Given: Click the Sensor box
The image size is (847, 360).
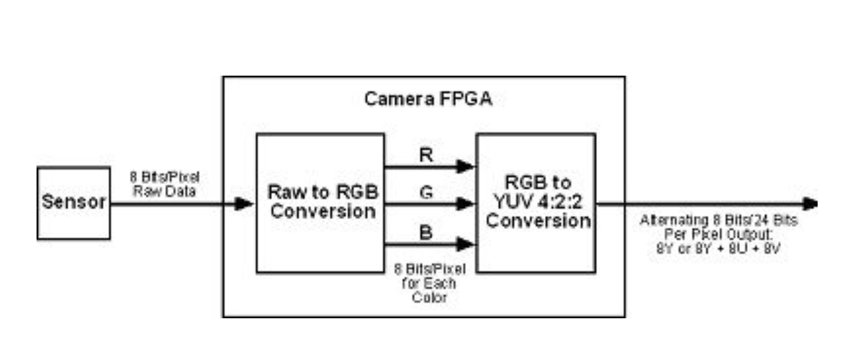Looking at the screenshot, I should coord(73,203).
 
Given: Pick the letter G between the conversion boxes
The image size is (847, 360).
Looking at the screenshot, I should coord(425,192).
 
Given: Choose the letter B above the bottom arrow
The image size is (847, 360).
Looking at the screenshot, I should coord(425,232).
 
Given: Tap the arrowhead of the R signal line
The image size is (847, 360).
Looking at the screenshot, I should coord(466,167).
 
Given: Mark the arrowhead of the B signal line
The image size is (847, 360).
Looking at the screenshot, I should coord(466,245).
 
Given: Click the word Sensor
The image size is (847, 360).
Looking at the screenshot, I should coord(73,202).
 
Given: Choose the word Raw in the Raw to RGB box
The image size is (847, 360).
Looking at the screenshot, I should coord(287,194).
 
